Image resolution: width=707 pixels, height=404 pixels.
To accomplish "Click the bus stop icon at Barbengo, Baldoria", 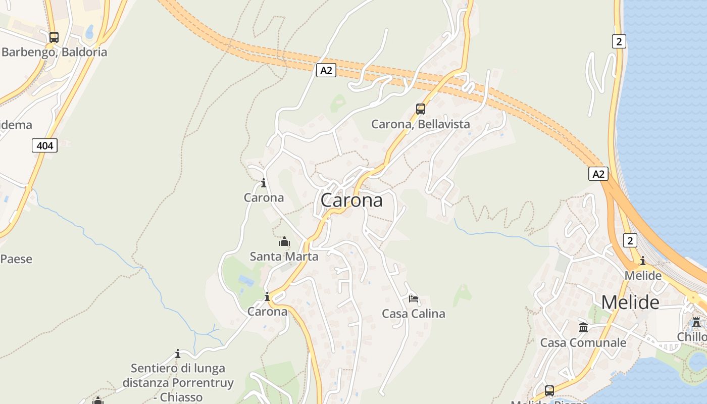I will [54, 37].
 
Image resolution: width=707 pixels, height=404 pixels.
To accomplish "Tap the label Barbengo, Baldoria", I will [55, 52].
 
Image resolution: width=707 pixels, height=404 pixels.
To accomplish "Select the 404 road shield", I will [44, 145].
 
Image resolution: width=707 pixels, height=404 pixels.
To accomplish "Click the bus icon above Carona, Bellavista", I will [420, 109].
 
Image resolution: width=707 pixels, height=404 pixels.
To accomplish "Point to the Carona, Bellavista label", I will [420, 124].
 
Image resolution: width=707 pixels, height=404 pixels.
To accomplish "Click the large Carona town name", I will [351, 200].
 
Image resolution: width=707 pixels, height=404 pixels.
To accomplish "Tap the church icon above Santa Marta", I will [284, 242].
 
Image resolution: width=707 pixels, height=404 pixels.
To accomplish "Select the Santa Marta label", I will [284, 257].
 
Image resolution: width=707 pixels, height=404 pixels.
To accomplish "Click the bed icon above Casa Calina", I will [414, 299].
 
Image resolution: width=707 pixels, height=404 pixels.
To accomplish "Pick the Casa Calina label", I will [414, 314].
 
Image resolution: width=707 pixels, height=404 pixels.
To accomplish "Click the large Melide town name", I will [630, 302].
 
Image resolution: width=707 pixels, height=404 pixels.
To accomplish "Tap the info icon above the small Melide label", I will [642, 261].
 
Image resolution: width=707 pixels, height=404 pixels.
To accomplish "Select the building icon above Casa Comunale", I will [583, 328].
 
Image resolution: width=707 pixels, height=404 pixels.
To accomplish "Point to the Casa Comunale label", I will [583, 342].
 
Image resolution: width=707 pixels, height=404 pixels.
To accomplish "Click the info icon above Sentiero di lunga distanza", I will [178, 353].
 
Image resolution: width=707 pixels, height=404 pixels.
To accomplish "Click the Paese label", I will [16, 259].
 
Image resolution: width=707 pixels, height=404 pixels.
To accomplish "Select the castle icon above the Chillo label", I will [696, 322].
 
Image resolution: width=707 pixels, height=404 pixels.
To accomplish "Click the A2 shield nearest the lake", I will [598, 174].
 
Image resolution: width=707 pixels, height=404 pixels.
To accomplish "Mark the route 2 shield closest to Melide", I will [630, 240].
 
